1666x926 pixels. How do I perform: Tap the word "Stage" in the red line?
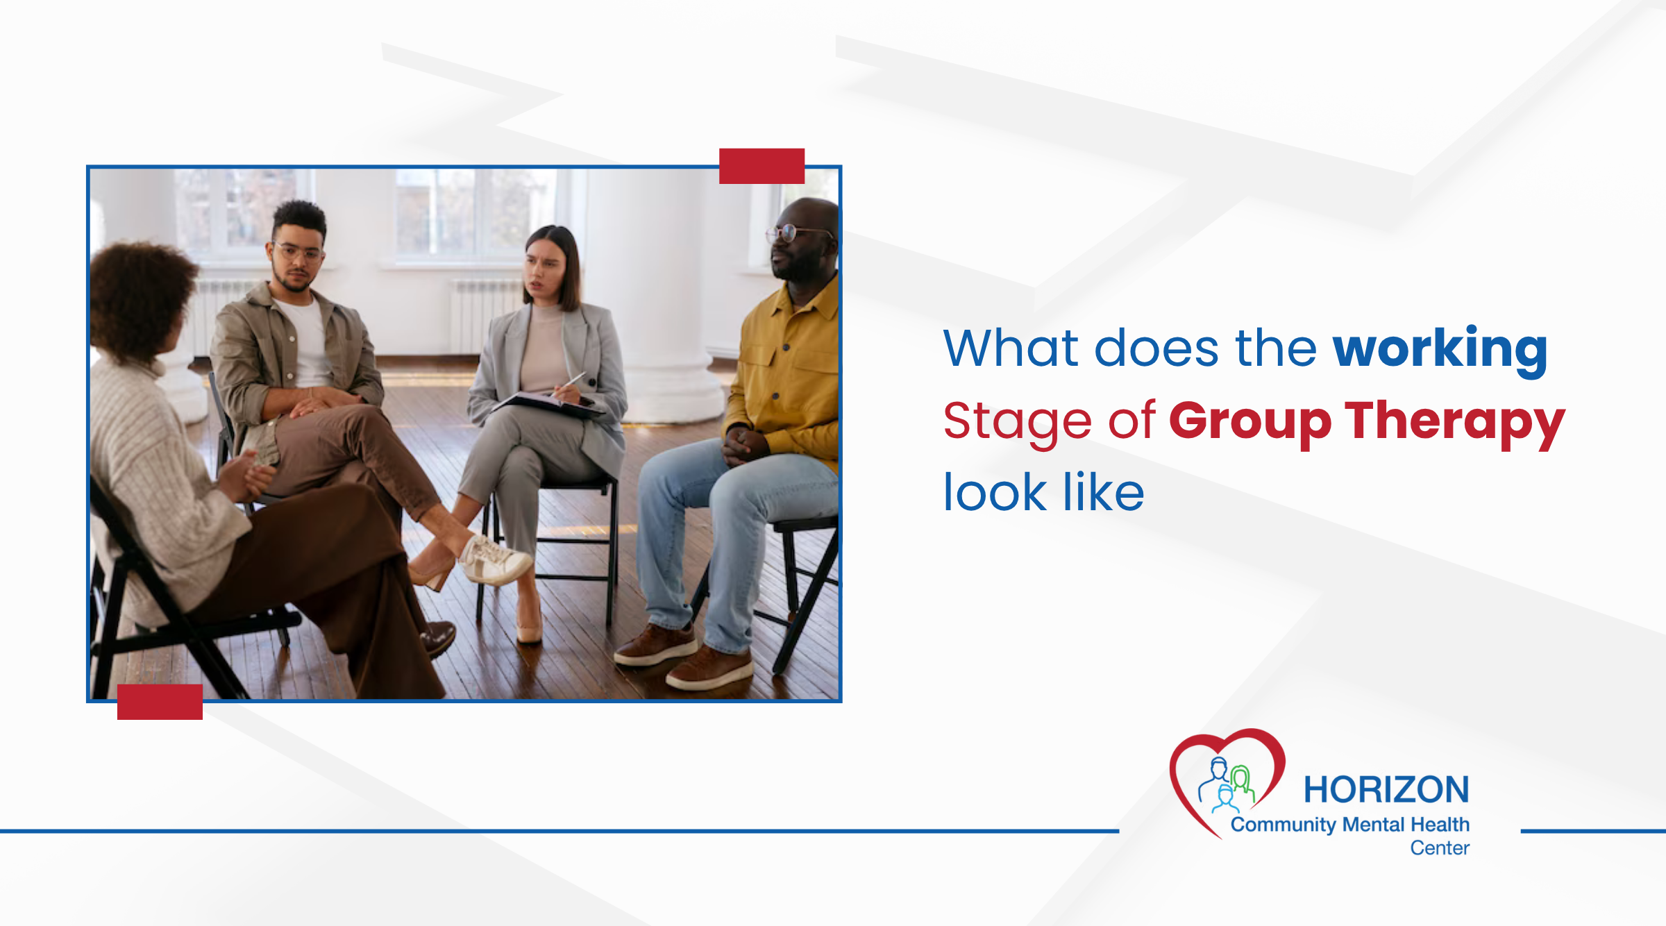pos(1017,421)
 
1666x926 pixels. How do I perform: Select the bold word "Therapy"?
pos(1454,421)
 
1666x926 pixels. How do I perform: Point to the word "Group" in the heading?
pos(1249,421)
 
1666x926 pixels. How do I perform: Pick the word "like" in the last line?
pos(1103,493)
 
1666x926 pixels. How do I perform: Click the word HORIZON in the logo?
pos(1386,790)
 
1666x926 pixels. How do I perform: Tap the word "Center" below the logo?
pos(1440,848)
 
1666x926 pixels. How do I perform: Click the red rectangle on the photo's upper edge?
pos(762,166)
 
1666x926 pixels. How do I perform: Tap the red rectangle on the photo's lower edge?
pos(160,702)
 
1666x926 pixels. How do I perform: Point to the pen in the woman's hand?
pos(575,381)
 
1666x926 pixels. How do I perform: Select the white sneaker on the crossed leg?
pos(494,561)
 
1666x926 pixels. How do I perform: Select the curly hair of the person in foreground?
pos(139,298)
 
